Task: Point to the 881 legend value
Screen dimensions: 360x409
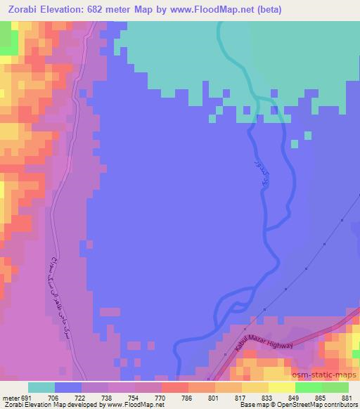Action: click(x=346, y=398)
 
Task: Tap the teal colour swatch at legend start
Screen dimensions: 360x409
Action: click(x=41, y=387)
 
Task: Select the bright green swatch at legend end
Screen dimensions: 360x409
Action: click(x=335, y=387)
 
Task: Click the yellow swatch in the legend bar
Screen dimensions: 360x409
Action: click(x=281, y=387)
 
